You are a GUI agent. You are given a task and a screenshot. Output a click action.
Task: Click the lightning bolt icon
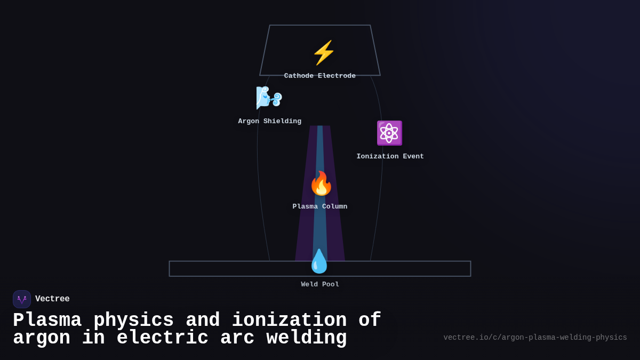coord(324,53)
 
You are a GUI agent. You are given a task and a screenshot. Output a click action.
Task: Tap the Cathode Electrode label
coord(320,76)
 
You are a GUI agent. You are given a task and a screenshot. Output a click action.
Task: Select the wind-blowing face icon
coord(269,98)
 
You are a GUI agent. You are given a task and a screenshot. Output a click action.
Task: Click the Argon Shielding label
coord(270,122)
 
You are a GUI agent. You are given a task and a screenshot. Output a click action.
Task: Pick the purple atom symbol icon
coord(389,133)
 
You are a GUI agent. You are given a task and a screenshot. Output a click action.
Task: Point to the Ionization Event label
coord(390,157)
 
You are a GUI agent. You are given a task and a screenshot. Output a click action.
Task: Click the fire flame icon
coord(321,183)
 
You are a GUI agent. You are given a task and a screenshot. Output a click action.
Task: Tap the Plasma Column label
coord(320,207)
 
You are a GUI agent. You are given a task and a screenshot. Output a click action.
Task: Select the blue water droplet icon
coord(319,261)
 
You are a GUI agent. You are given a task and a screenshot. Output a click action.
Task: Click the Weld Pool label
coord(320,285)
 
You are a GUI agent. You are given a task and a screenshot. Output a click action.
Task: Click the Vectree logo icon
coord(22,299)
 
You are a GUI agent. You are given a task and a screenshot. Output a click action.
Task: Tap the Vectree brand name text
coord(52,299)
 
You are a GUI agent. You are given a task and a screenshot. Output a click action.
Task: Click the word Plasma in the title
coord(47,321)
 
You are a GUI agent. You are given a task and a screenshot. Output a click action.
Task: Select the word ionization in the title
coord(289,321)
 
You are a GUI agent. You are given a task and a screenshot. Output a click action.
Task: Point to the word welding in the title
coord(307,338)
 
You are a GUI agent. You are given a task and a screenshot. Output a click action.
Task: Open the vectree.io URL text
coord(535,338)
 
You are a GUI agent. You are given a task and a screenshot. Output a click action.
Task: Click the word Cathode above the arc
coord(299,76)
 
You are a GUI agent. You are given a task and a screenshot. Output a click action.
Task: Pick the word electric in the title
coord(163,338)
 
